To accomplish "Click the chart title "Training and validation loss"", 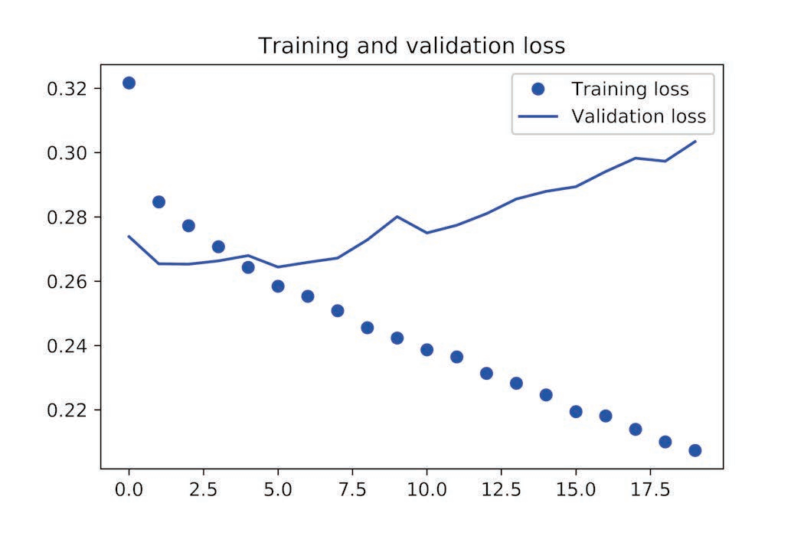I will click(x=411, y=46).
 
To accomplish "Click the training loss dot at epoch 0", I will click(x=129, y=83).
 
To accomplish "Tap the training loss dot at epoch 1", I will click(x=159, y=202).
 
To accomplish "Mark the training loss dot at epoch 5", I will click(x=278, y=286).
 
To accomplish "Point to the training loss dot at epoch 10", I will click(x=427, y=350).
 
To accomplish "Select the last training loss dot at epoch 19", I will click(x=695, y=450).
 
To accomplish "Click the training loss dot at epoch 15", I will click(x=576, y=412).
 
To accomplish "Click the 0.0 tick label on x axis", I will click(x=129, y=489).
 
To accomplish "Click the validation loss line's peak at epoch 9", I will click(x=397, y=217).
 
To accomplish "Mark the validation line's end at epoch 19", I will click(x=695, y=141).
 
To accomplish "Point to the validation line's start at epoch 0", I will click(x=129, y=236).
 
